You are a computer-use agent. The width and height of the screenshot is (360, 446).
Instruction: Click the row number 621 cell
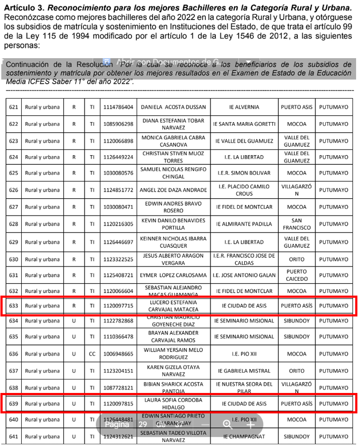(13, 107)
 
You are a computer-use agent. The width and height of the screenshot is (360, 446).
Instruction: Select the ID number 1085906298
(118, 124)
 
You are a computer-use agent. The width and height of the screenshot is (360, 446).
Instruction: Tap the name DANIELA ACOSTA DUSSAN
(173, 107)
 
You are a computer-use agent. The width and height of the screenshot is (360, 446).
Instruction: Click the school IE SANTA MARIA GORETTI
(244, 124)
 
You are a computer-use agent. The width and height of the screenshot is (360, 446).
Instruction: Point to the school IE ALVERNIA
(244, 107)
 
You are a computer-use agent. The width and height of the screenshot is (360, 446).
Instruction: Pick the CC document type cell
(92, 354)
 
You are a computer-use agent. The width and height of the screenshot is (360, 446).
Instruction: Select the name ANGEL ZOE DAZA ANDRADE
(173, 190)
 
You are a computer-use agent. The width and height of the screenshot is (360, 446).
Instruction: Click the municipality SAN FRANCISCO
(297, 224)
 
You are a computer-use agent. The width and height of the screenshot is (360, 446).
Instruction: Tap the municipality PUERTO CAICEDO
(297, 275)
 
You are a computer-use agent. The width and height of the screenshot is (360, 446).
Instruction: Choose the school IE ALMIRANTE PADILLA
(244, 224)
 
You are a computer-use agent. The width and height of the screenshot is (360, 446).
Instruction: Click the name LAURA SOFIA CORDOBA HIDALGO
(173, 403)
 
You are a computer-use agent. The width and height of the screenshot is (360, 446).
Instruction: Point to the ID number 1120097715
(118, 306)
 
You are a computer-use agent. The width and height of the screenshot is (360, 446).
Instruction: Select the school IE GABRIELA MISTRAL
(244, 371)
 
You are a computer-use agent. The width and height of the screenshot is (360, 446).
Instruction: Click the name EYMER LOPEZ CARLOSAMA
(173, 275)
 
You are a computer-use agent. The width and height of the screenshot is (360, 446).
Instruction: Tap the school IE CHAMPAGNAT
(244, 436)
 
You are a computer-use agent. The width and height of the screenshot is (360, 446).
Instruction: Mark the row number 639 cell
(13, 403)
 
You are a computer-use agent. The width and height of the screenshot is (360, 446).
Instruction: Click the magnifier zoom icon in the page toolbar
(227, 424)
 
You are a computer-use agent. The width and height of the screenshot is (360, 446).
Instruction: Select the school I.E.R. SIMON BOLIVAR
(244, 173)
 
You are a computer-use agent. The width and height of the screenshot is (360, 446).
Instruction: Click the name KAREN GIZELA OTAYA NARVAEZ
(173, 371)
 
